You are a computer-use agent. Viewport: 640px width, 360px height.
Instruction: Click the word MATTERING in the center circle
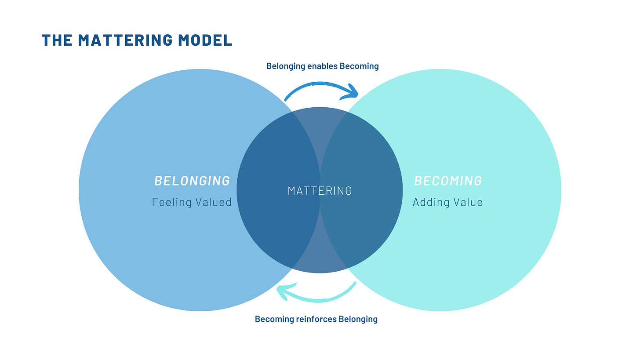(x=320, y=190)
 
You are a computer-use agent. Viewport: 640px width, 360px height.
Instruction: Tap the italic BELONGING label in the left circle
(x=192, y=181)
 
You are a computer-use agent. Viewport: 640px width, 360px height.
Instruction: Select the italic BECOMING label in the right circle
(x=448, y=181)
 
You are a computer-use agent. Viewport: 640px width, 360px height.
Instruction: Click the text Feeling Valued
(x=192, y=202)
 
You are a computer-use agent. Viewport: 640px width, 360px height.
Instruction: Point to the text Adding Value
(x=447, y=202)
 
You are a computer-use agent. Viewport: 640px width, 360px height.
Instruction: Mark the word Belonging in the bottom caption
(x=358, y=319)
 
